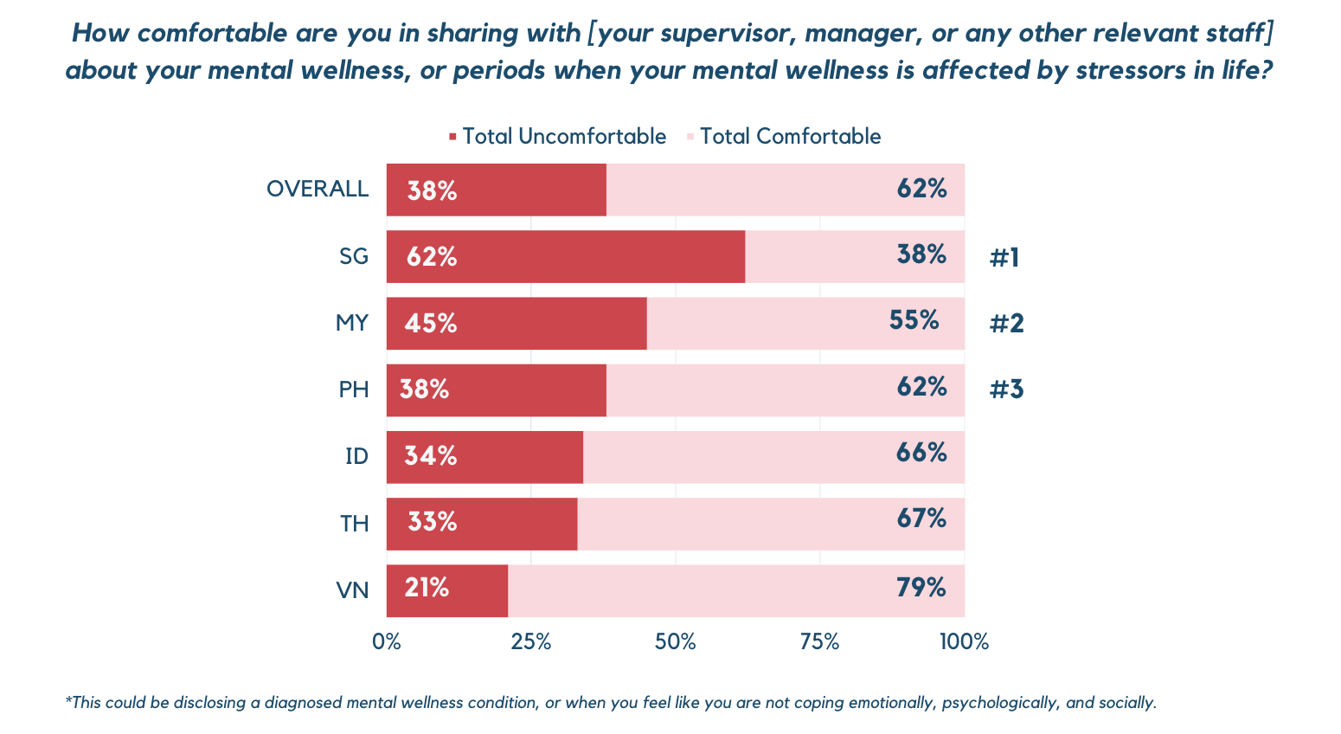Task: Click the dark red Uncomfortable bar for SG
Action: tap(566, 256)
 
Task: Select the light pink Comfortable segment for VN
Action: tap(736, 591)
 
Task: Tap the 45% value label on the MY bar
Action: tap(431, 324)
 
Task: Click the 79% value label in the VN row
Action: tap(921, 587)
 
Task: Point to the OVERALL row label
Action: tap(318, 190)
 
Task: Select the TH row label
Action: tap(355, 524)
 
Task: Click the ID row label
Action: tap(356, 456)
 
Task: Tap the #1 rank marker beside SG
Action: tap(1004, 258)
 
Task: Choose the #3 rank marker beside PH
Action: tap(1006, 390)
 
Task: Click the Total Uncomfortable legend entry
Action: tap(557, 137)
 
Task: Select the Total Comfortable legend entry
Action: tap(784, 137)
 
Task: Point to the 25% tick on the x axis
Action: tap(531, 642)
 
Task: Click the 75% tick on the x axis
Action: tap(820, 642)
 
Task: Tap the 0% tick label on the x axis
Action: tap(387, 642)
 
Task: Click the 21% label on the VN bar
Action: tap(427, 588)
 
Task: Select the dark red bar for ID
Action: tap(484, 457)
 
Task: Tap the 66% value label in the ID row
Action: tap(921, 453)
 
